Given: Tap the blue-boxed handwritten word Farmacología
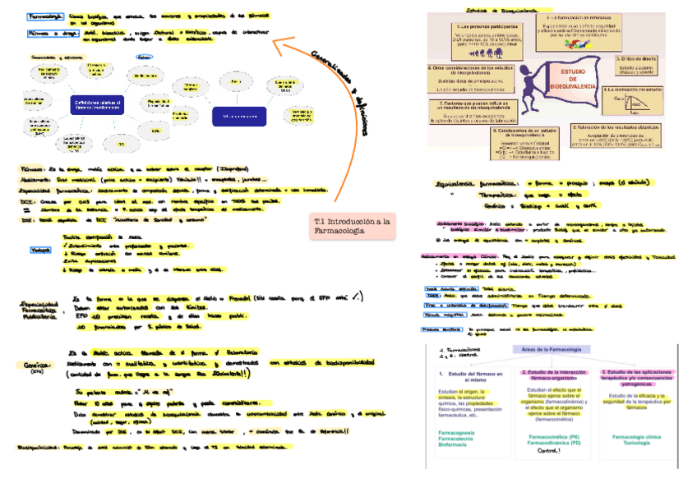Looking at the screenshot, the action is pyautogui.click(x=46, y=16).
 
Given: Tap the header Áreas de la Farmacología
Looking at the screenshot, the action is pyautogui.click(x=549, y=350).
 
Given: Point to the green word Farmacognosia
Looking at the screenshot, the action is pyautogui.click(x=464, y=432).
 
